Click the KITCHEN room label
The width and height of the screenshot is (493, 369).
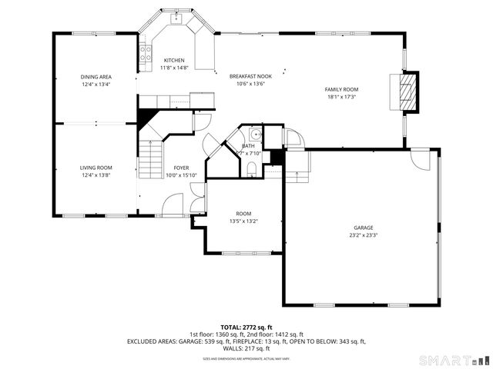pos(173,60)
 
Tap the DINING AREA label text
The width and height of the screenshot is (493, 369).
pos(96,77)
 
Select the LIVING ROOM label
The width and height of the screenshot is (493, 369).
pos(96,168)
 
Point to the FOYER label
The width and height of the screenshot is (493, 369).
pos(181,168)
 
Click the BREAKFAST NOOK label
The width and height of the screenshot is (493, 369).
pos(250,77)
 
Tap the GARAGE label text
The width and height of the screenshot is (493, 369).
pos(364,228)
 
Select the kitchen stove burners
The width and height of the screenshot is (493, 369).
pos(143,53)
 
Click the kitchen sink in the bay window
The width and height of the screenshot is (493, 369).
pos(176,15)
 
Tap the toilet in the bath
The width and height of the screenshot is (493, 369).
pos(252,173)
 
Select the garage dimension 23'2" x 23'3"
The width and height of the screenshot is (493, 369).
pos(364,235)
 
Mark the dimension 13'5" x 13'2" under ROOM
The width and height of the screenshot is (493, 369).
pos(243,221)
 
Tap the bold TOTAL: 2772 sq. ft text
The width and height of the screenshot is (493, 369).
pos(246,327)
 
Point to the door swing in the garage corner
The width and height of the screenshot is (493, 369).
pos(421,158)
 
